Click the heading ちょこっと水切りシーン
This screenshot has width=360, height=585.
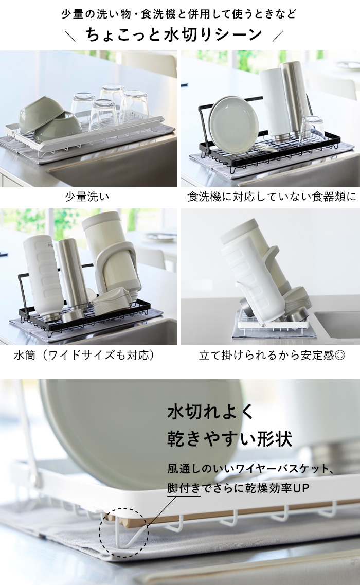[x=174, y=34]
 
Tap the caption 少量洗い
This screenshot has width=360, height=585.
[x=87, y=197]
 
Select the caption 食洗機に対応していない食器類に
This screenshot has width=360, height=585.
[x=272, y=197]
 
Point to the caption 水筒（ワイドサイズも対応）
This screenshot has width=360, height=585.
[x=85, y=355]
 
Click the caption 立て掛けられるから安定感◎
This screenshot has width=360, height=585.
[x=272, y=355]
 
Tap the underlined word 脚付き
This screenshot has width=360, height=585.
[x=184, y=488]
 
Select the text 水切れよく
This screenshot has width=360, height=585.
[x=210, y=412]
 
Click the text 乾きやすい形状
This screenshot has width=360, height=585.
[x=229, y=438]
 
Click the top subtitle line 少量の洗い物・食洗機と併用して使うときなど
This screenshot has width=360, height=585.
[x=178, y=14]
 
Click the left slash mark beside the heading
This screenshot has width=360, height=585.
[x=70, y=36]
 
